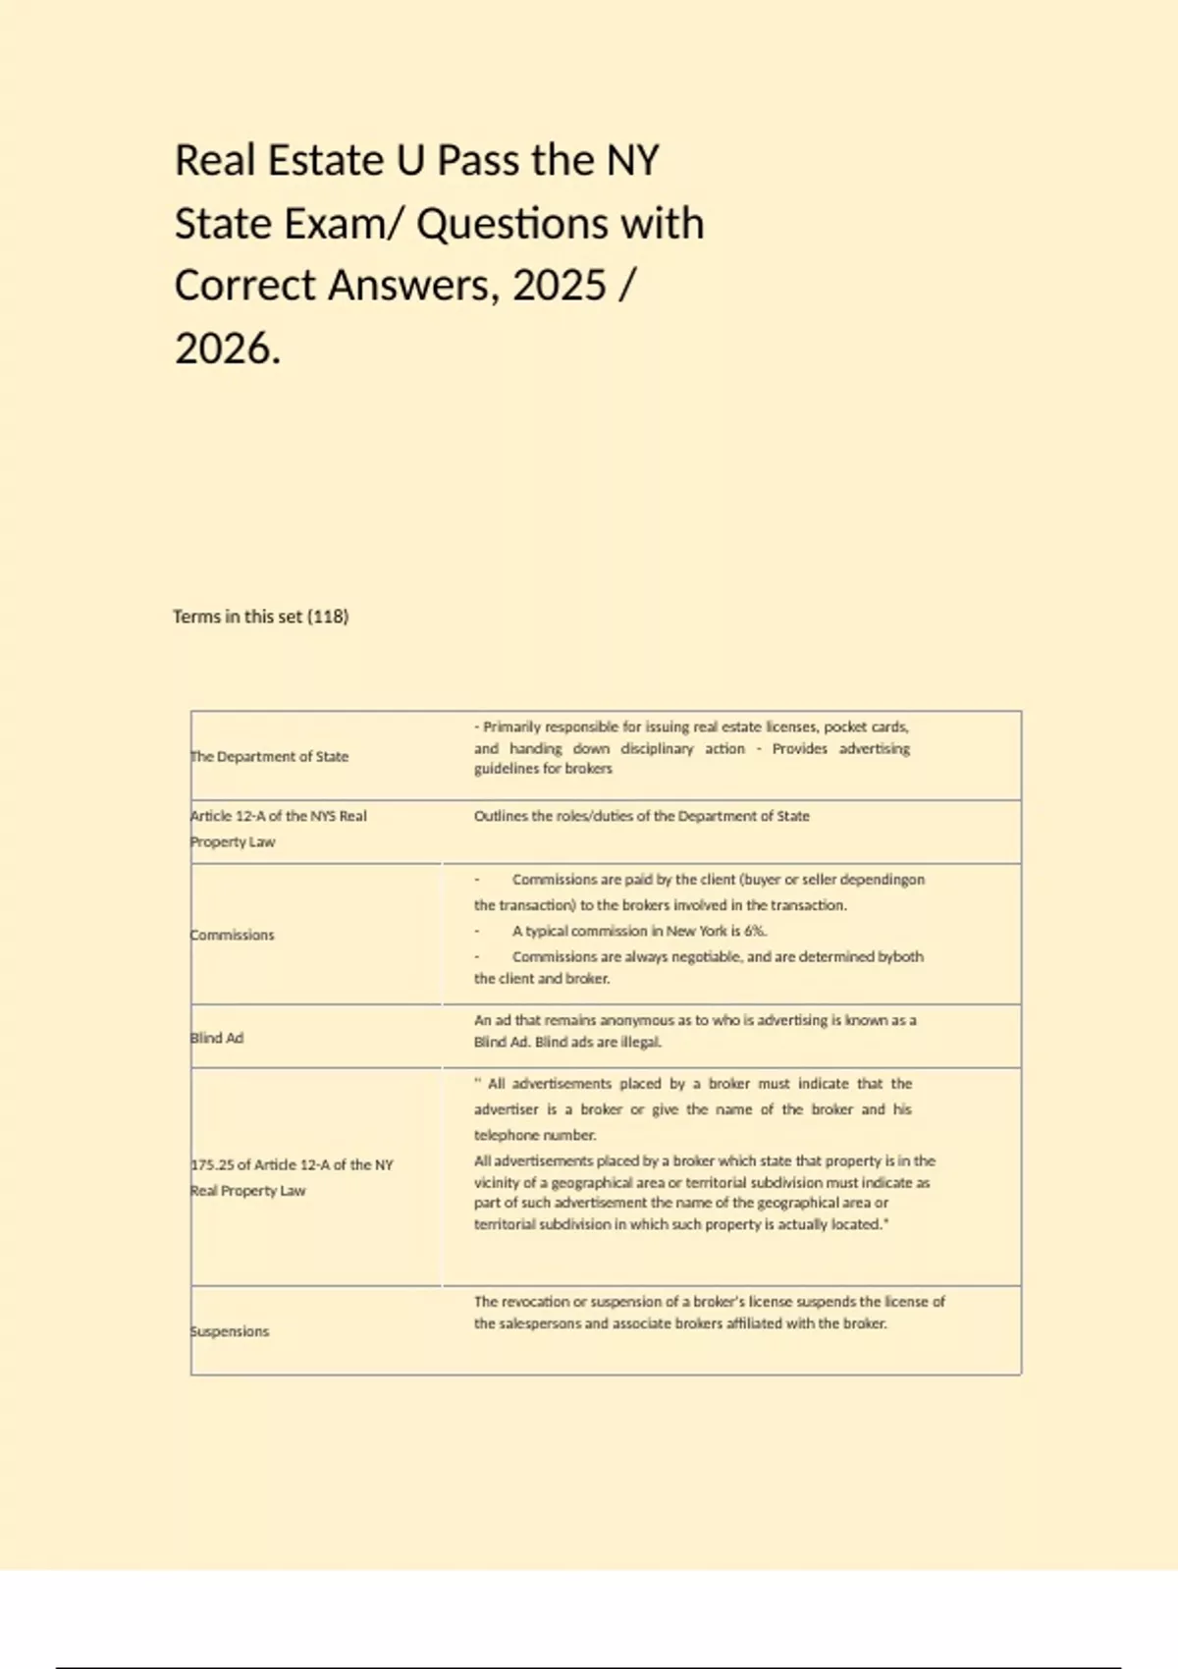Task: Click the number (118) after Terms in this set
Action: pos(328,617)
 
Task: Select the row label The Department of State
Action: pos(270,756)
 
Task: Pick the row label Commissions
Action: pos(233,935)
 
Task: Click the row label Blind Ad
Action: pos(217,1038)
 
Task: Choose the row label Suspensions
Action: pos(230,1331)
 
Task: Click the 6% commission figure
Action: pos(754,931)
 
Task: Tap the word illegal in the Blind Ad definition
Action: pos(640,1042)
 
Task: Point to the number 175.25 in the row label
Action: pos(212,1164)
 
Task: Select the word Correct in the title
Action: pos(244,286)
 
